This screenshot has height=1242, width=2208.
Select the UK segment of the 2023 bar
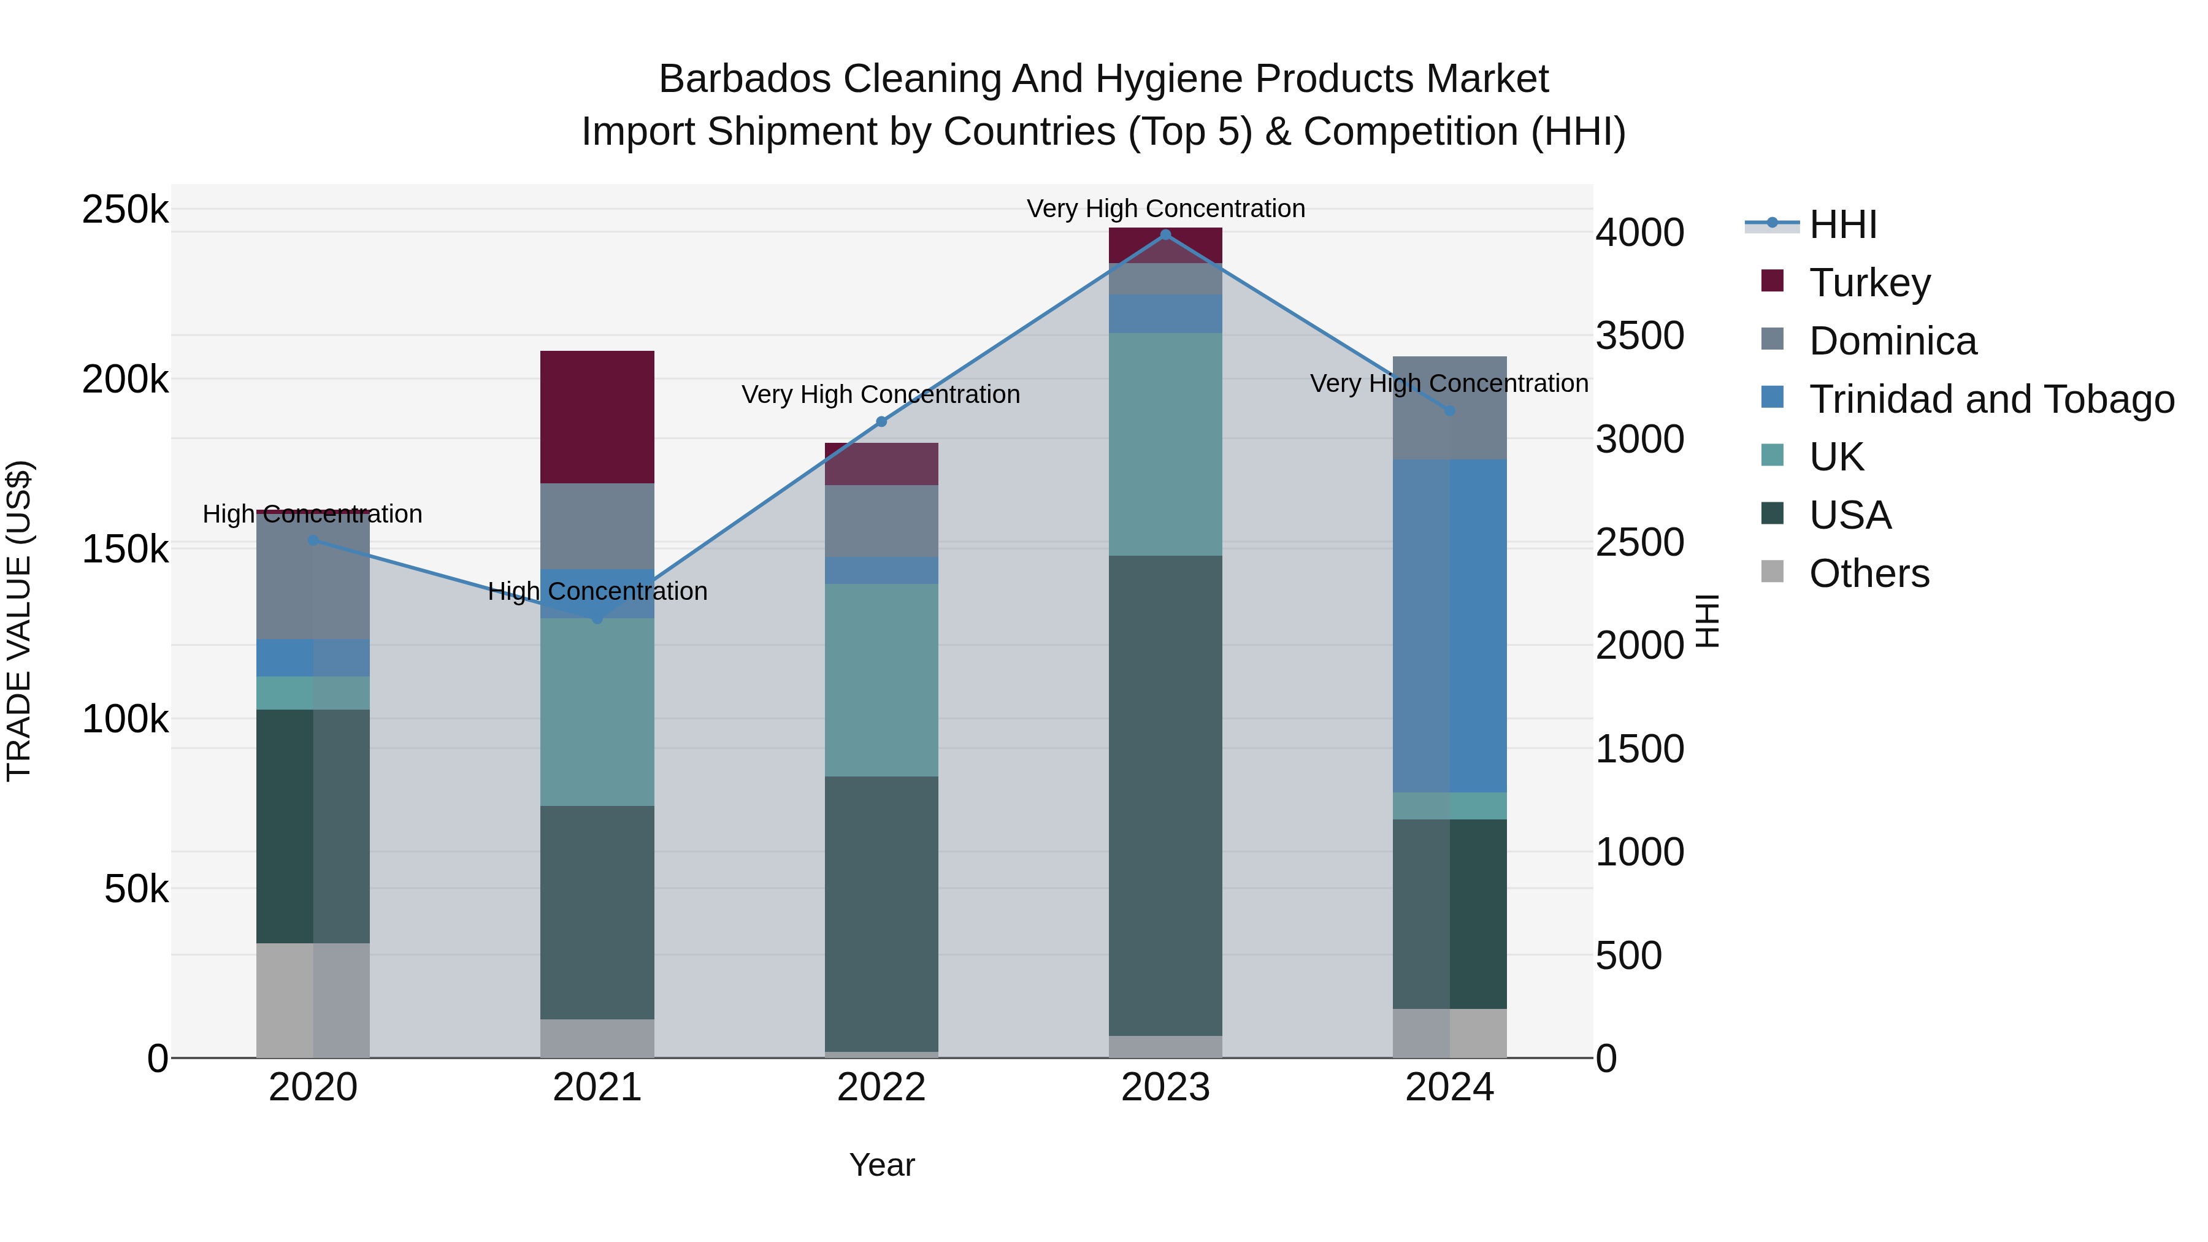tap(1165, 444)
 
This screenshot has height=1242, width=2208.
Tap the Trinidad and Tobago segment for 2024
tap(1449, 626)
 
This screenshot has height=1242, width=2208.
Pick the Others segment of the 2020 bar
tap(313, 1000)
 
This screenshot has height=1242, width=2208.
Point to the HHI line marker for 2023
tap(1165, 235)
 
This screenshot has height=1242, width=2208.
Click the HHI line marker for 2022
tap(881, 422)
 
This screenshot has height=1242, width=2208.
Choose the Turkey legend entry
tap(1869, 283)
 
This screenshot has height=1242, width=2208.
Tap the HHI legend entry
tap(1843, 224)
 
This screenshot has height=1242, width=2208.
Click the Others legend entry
tap(1869, 573)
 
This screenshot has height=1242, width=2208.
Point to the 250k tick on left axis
tap(125, 210)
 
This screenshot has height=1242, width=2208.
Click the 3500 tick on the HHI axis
tap(1639, 336)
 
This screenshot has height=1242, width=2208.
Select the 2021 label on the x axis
tap(597, 1087)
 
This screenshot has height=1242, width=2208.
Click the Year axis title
tap(881, 1165)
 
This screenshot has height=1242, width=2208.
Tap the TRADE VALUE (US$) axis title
tap(19, 621)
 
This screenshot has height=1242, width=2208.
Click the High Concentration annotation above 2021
tap(597, 591)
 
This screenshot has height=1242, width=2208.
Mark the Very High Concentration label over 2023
tap(1165, 209)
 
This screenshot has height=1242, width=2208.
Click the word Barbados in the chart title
tap(744, 79)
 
